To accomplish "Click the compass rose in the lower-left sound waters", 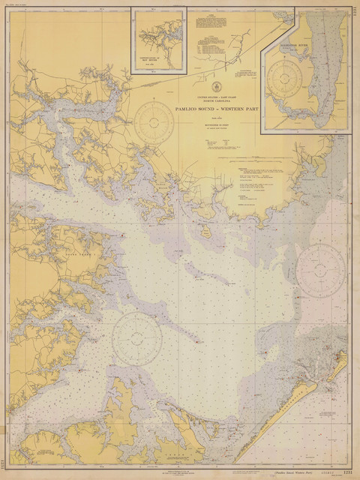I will point(137,338).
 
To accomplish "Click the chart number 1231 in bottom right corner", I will point(347,473).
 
